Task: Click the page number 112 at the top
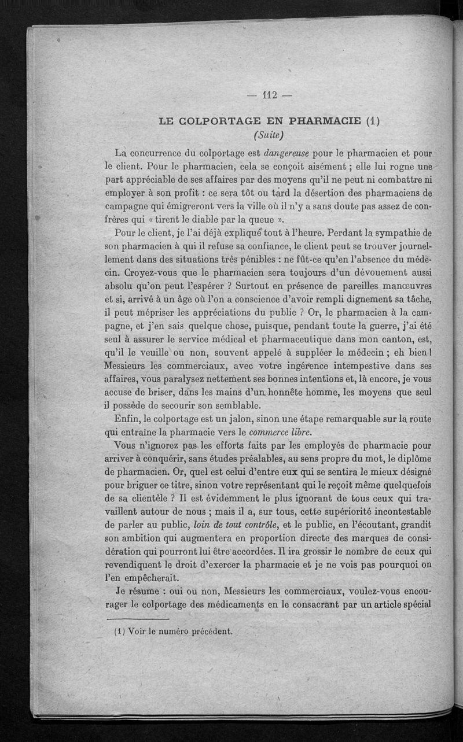[270, 97]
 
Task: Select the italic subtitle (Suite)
[268, 136]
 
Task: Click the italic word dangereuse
[287, 154]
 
